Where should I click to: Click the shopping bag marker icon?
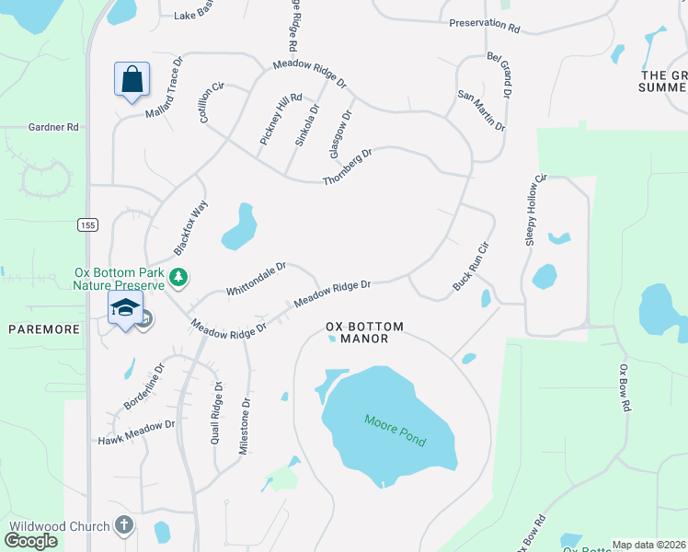(132, 79)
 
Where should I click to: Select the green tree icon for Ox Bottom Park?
(180, 276)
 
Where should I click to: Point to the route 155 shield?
(87, 224)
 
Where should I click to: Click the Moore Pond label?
(395, 431)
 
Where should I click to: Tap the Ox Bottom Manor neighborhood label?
(358, 332)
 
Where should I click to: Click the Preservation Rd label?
(484, 25)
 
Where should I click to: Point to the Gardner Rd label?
(53, 128)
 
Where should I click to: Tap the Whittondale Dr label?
(257, 280)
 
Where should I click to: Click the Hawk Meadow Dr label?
(136, 432)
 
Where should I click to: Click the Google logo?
(30, 541)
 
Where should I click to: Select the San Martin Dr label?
(481, 111)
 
